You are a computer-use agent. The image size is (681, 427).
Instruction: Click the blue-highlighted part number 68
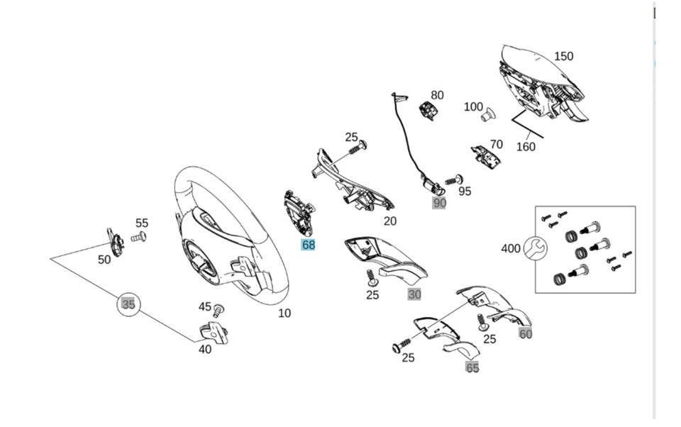pyautogui.click(x=308, y=245)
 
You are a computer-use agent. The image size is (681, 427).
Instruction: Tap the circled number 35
pyautogui.click(x=128, y=304)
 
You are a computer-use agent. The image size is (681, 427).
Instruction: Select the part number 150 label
pyautogui.click(x=563, y=57)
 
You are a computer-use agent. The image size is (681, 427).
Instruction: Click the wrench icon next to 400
pyautogui.click(x=536, y=248)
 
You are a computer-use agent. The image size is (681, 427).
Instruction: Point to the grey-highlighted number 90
pyautogui.click(x=440, y=203)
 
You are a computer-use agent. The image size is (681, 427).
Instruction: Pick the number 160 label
pyautogui.click(x=526, y=147)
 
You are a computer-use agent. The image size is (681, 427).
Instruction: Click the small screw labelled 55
pyautogui.click(x=140, y=236)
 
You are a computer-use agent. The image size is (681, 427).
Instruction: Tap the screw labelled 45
pyautogui.click(x=218, y=309)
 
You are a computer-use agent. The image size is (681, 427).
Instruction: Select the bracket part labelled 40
pyautogui.click(x=214, y=332)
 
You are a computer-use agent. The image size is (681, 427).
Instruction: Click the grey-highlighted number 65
pyautogui.click(x=472, y=367)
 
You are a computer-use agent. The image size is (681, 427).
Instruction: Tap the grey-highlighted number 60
pyautogui.click(x=525, y=334)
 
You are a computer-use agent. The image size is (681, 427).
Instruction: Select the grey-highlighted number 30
pyautogui.click(x=414, y=294)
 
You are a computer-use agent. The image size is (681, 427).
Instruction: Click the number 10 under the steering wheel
pyautogui.click(x=284, y=313)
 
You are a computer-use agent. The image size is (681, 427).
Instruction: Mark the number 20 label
pyautogui.click(x=390, y=221)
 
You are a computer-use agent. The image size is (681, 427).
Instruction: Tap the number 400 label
pyautogui.click(x=511, y=248)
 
